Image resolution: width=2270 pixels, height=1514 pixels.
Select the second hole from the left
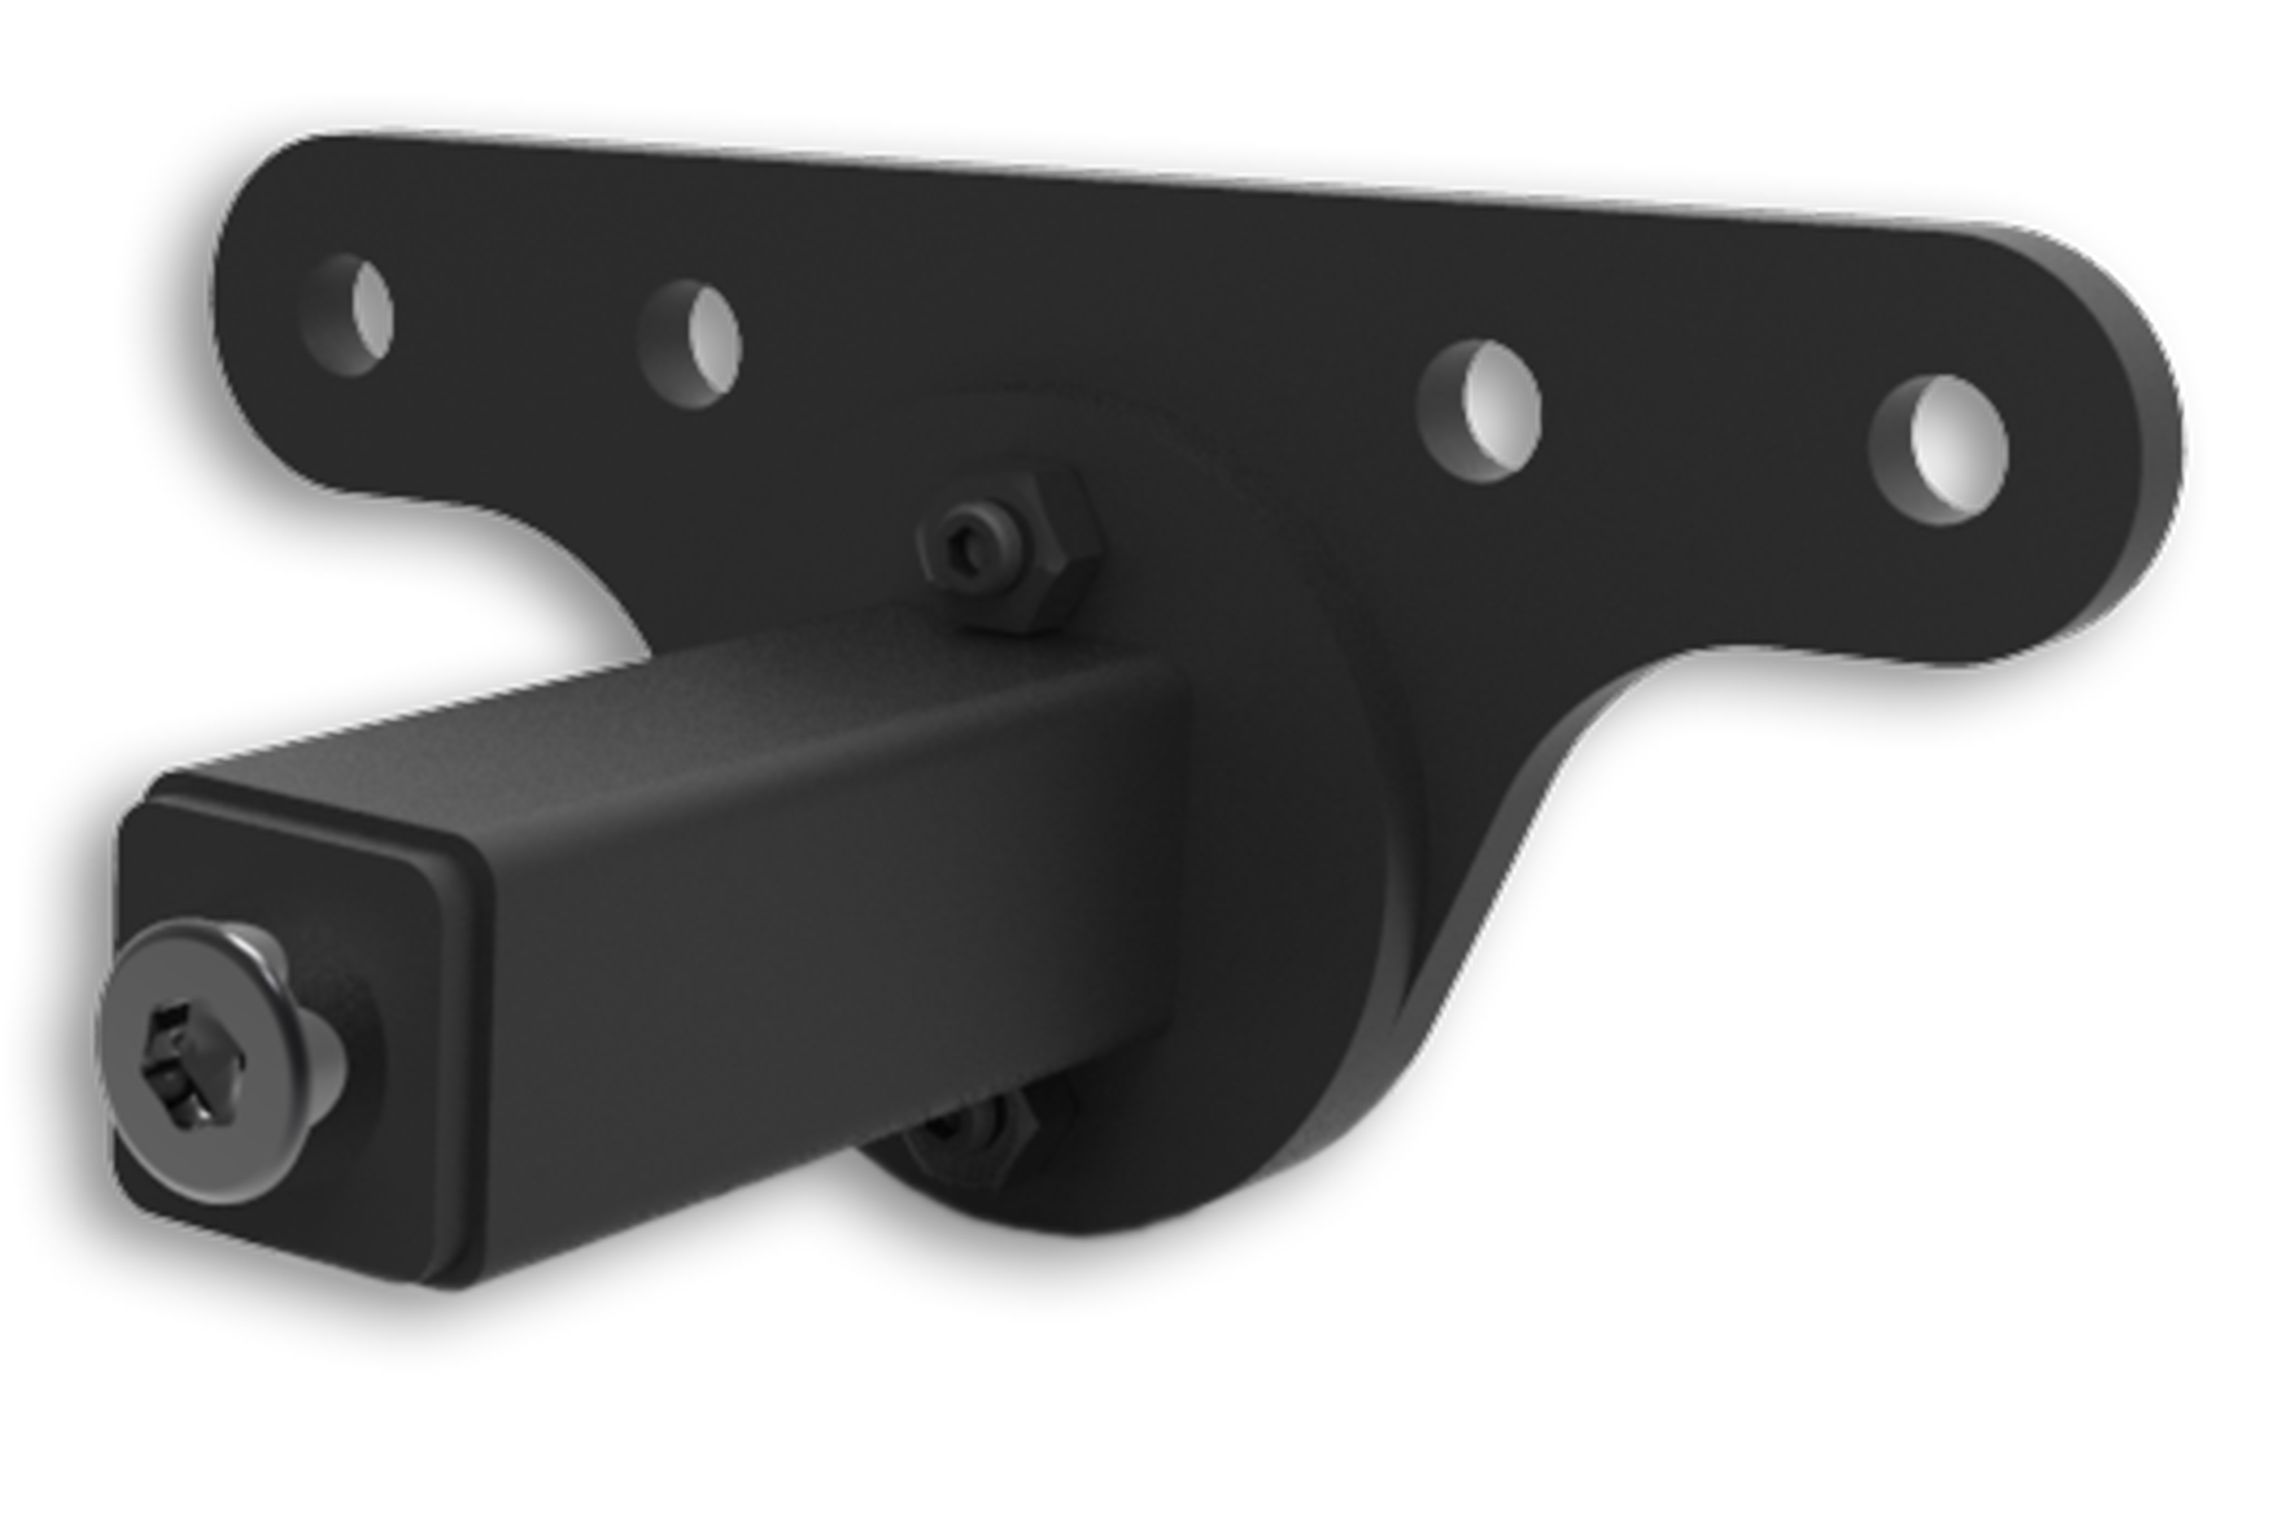coord(691,344)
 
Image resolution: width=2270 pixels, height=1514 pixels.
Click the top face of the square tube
coord(676,715)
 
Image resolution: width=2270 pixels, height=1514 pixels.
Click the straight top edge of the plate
coord(1158,174)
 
